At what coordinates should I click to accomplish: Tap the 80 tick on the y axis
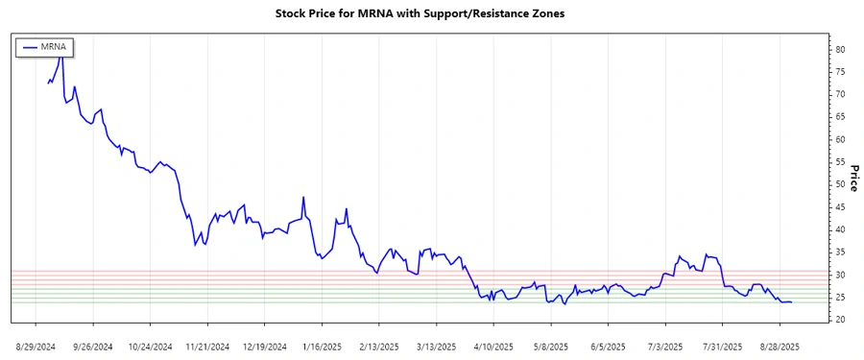[x=839, y=49]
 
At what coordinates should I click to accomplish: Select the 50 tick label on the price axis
[x=839, y=184]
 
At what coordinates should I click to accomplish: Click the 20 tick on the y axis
[x=839, y=320]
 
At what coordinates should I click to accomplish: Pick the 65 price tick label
[x=839, y=116]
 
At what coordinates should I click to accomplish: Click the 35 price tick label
[x=839, y=252]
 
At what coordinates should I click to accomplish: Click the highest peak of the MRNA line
[x=61, y=53]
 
